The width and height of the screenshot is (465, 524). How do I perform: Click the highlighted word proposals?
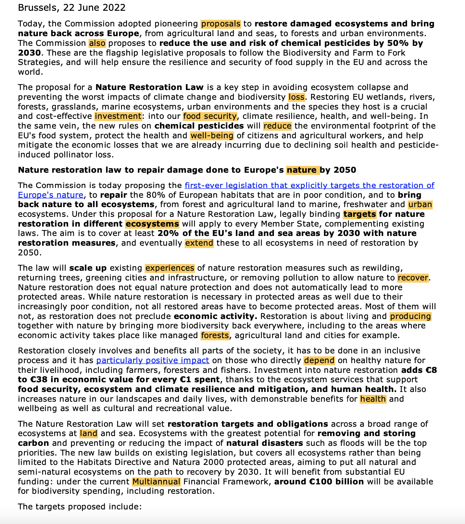tap(221, 24)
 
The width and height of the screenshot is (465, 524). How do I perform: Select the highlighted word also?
tap(97, 43)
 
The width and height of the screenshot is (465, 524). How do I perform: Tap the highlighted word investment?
tap(118, 116)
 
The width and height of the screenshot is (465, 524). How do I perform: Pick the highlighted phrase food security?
tap(210, 116)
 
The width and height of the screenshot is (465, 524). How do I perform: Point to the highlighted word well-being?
tap(212, 136)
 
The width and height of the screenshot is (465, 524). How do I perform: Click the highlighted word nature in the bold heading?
tap(302, 170)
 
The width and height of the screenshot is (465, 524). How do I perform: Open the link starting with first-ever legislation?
tap(309, 186)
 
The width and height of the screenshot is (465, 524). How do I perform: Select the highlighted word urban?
tap(420, 205)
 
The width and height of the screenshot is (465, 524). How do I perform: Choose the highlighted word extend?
tap(199, 243)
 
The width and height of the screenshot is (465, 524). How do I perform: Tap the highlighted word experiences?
tap(170, 268)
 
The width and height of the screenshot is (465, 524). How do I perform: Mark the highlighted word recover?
tap(413, 278)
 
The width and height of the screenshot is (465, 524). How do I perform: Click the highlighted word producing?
tap(410, 316)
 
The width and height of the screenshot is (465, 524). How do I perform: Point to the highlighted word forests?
tap(215, 335)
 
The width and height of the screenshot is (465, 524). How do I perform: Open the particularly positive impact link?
tap(153, 361)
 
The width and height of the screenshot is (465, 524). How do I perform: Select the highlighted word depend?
tap(319, 361)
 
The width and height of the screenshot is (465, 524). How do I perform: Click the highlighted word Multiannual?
tap(156, 482)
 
